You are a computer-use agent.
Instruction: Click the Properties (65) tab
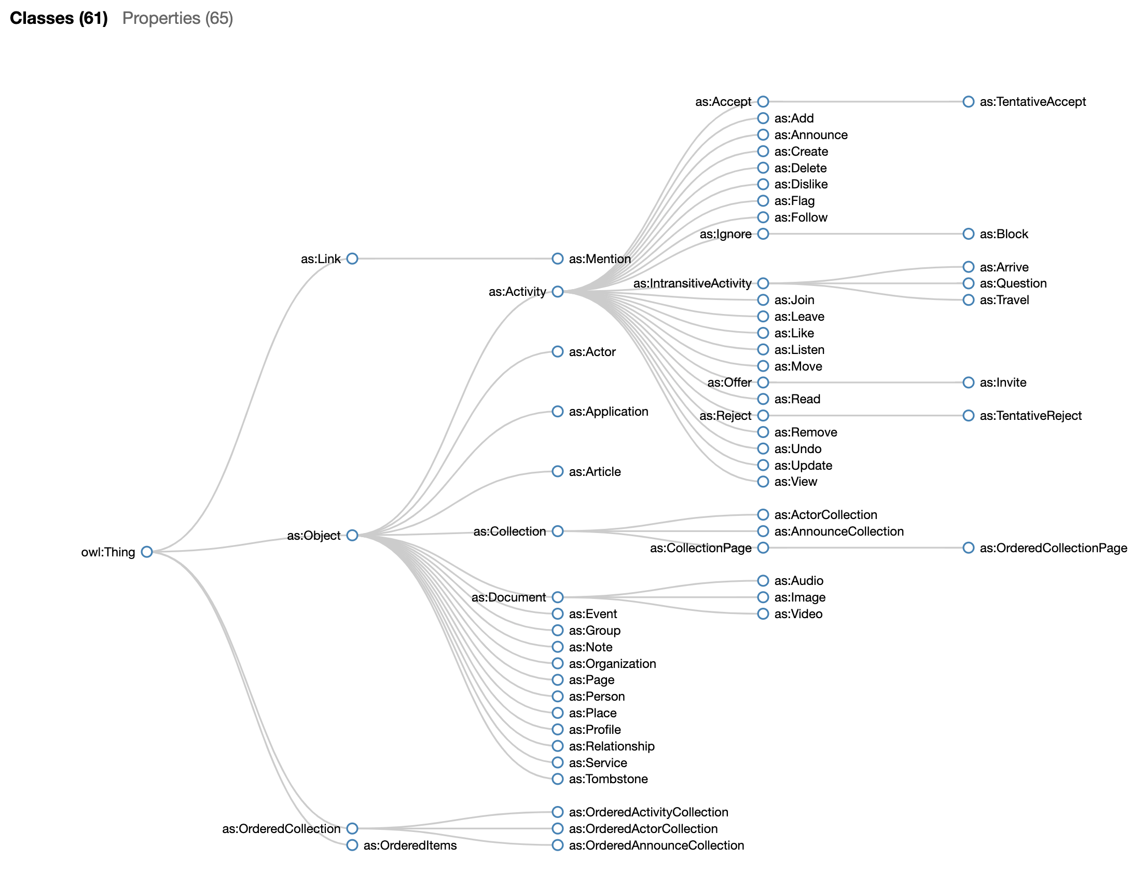(177, 18)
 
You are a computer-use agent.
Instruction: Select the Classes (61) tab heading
(59, 18)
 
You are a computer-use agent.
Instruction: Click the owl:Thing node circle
(147, 552)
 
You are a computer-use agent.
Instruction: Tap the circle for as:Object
(352, 535)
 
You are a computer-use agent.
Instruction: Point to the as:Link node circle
(352, 258)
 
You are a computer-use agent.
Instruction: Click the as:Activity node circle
(558, 292)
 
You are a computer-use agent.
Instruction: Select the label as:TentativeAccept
(1032, 102)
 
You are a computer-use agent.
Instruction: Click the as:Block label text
(1003, 234)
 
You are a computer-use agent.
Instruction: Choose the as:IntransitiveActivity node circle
(763, 283)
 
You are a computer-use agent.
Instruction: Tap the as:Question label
(1013, 283)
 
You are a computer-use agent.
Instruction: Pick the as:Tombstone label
(608, 779)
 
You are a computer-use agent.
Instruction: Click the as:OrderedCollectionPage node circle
(969, 548)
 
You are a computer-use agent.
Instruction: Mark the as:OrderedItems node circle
(352, 845)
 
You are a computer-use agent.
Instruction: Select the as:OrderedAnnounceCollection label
(656, 845)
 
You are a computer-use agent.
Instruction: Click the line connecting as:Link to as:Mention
(454, 258)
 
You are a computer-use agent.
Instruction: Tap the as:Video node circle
(763, 614)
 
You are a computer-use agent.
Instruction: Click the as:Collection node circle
(558, 531)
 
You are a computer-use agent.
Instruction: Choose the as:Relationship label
(612, 746)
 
